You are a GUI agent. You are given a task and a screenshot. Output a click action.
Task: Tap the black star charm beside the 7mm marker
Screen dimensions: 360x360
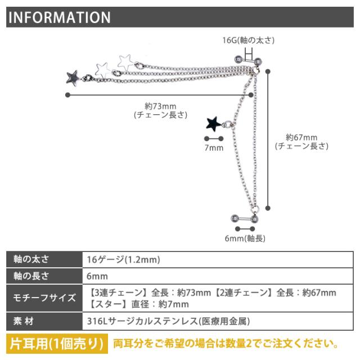[x=214, y=123]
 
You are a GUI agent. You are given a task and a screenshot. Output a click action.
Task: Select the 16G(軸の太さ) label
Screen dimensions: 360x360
[x=249, y=40]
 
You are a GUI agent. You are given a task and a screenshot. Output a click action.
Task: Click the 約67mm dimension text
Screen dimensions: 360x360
[x=301, y=137]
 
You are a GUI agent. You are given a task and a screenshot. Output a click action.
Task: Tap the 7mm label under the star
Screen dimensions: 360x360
[x=214, y=148]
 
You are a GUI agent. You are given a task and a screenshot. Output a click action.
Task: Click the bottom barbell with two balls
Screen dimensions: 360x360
[x=244, y=218]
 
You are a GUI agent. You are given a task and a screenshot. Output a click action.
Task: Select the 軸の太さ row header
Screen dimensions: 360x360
[x=31, y=259]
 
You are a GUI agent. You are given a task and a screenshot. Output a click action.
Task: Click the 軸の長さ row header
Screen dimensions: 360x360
[x=31, y=277]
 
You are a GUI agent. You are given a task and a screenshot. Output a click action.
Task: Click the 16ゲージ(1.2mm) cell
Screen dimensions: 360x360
[x=124, y=259]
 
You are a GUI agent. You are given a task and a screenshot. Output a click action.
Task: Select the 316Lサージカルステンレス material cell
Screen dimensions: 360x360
[x=169, y=321]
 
